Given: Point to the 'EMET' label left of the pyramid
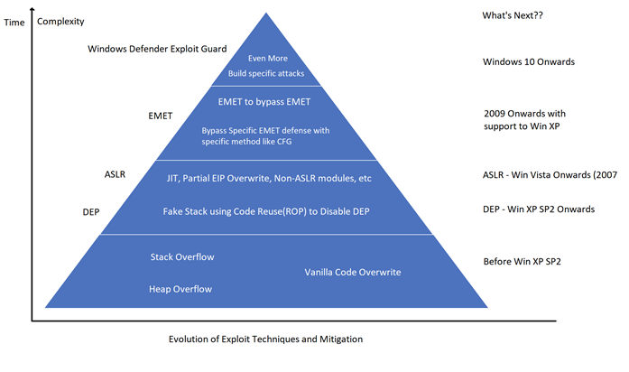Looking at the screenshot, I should click(x=160, y=116).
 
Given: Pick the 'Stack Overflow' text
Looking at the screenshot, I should click(x=182, y=257).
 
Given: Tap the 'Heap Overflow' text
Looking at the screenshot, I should click(x=180, y=289).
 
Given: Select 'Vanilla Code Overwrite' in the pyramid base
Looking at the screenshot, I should click(x=353, y=272).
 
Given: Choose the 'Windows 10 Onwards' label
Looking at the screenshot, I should click(x=529, y=61).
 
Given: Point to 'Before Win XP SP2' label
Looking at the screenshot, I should click(x=527, y=262).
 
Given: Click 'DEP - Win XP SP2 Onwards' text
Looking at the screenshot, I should click(x=539, y=209).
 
